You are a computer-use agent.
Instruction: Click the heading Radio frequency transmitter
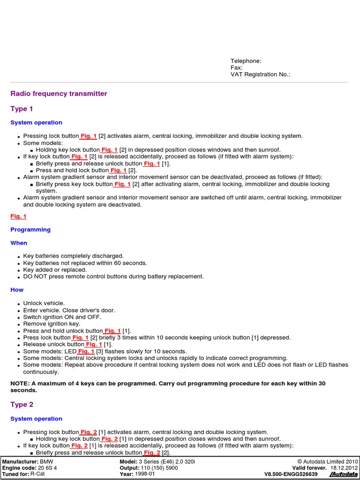tap(59, 94)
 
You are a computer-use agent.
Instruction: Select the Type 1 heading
tap(22, 109)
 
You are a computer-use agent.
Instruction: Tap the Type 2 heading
tap(22, 405)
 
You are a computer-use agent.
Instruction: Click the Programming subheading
tap(30, 230)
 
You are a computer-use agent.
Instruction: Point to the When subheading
tap(19, 243)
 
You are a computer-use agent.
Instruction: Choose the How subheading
tap(17, 290)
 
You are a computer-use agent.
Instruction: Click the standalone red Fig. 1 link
tap(18, 216)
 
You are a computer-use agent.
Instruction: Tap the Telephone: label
tap(246, 61)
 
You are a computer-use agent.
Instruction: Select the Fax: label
tap(236, 67)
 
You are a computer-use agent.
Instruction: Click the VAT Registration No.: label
tap(260, 74)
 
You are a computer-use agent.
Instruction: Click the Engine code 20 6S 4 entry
tap(30, 468)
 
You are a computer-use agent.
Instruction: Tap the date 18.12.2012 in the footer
tap(344, 468)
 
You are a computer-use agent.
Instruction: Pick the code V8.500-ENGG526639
tap(291, 474)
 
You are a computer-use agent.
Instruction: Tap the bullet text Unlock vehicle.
tap(44, 303)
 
